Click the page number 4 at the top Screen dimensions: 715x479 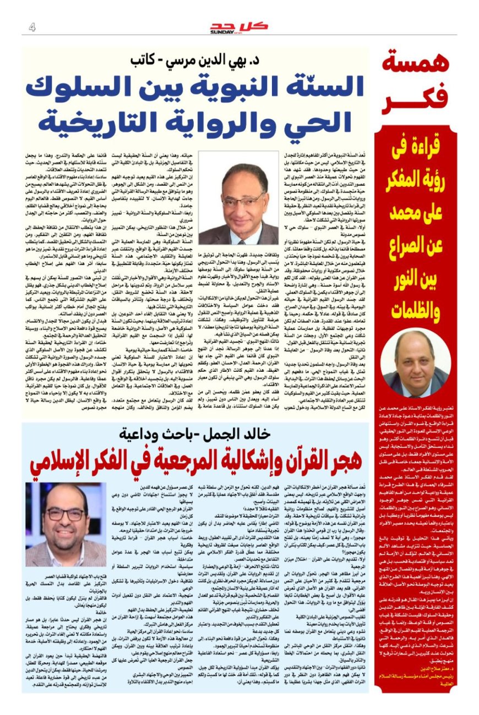point(32,27)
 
